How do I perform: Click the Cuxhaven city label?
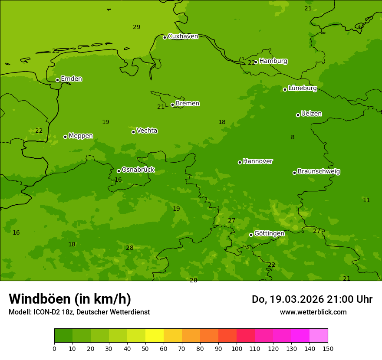(x=183, y=36)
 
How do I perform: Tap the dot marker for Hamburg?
(x=256, y=62)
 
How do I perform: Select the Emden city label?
(x=71, y=79)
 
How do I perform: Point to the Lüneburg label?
(x=302, y=88)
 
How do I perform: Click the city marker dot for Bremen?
(x=172, y=105)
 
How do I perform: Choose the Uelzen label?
(x=311, y=114)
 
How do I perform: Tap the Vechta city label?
(x=147, y=131)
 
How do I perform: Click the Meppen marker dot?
(x=65, y=137)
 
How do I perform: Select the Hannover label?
(x=257, y=161)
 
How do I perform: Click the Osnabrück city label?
(x=138, y=170)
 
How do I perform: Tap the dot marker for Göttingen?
(x=251, y=235)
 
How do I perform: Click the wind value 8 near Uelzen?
(x=293, y=137)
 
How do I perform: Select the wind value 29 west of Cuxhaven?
(x=136, y=27)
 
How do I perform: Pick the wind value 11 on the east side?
(x=366, y=200)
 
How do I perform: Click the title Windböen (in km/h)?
(x=70, y=299)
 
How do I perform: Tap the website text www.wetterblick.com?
(x=313, y=312)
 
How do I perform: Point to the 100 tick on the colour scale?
(x=237, y=348)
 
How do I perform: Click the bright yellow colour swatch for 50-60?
(x=155, y=336)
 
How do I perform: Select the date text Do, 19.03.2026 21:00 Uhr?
(x=312, y=299)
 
